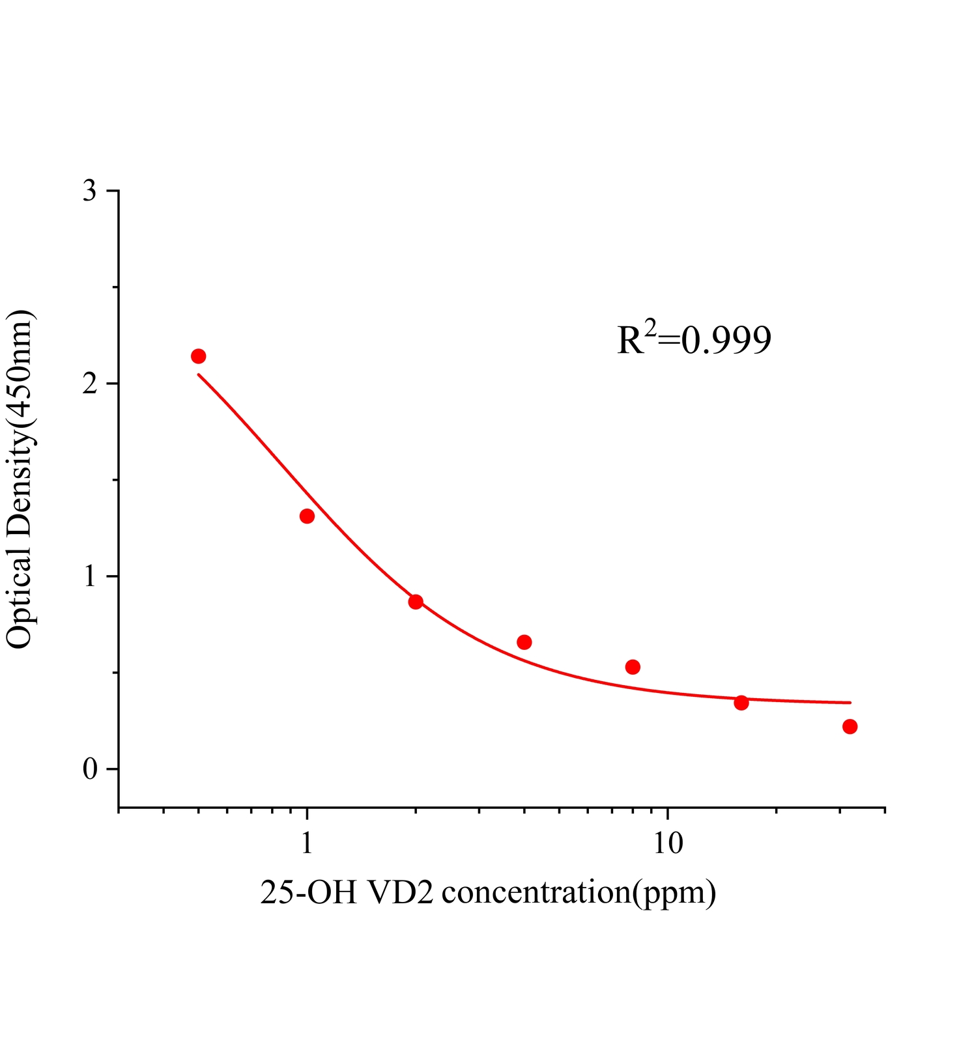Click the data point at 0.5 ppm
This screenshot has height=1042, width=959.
tap(199, 356)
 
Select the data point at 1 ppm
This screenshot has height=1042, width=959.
tap(307, 516)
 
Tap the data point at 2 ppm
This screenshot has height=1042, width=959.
tap(416, 602)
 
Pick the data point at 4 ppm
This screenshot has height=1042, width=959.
tap(524, 642)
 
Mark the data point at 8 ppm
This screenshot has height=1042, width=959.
tap(633, 667)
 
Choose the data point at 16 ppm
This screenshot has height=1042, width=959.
tap(741, 703)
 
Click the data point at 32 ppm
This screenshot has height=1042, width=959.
tap(850, 727)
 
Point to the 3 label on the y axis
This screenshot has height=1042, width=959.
tap(90, 191)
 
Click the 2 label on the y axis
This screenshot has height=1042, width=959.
tap(90, 384)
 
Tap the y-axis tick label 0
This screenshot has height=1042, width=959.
tap(90, 769)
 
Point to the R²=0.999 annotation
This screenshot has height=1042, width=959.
tap(694, 339)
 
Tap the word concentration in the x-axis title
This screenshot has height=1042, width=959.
tap(534, 893)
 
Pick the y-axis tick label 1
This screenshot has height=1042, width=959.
tap(90, 577)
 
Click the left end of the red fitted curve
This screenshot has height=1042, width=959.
tap(199, 375)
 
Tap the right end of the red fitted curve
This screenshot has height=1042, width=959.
tap(850, 703)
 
